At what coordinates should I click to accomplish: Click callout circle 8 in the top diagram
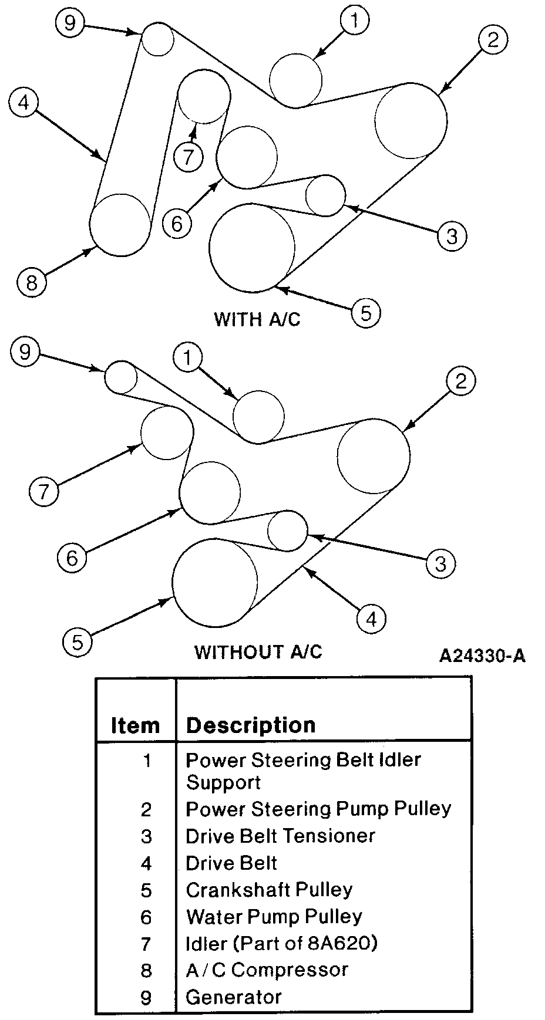point(31,283)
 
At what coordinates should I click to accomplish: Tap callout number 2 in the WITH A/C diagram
point(492,40)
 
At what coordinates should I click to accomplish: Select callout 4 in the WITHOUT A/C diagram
point(371,619)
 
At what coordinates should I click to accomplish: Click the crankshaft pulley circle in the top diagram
point(252,247)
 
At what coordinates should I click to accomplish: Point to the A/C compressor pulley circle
point(120,225)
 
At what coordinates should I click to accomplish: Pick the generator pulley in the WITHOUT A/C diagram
point(121,377)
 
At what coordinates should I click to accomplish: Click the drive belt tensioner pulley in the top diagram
point(325,195)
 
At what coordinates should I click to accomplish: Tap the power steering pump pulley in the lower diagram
point(374,456)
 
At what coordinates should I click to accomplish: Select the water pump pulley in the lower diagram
point(210,492)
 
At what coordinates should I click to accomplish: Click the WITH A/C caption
point(257,319)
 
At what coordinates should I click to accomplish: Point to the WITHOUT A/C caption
point(258,652)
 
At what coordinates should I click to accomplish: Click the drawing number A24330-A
point(482,656)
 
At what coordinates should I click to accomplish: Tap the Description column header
point(251,725)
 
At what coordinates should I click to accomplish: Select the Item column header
point(136,726)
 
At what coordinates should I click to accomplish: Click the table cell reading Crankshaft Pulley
point(269,890)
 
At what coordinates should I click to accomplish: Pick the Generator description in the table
point(234,997)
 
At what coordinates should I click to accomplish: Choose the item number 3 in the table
point(146,836)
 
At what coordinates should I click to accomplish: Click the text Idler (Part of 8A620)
point(281,943)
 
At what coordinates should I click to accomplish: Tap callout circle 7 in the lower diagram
point(44,491)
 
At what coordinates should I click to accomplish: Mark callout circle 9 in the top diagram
point(70,23)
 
